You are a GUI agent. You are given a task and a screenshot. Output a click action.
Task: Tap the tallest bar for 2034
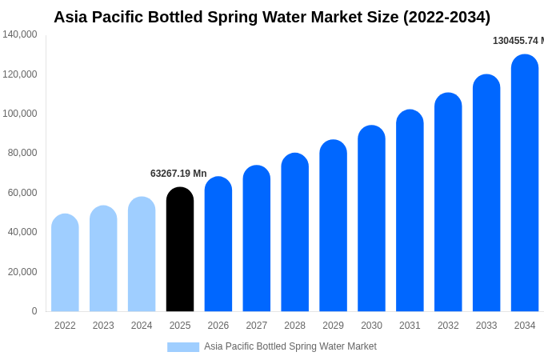coord(525,183)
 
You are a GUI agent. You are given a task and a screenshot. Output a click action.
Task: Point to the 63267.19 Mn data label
coord(178,174)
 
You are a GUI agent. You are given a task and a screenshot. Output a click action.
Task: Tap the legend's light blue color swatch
coord(182,346)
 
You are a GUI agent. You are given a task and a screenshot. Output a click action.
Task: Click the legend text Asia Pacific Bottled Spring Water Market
coord(290,346)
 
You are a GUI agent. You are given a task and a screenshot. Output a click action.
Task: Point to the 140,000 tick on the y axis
coord(20,34)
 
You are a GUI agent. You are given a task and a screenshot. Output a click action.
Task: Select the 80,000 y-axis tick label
coord(22,153)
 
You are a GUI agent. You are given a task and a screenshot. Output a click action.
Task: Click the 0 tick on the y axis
coord(34,311)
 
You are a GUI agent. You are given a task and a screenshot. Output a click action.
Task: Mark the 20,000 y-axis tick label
coord(22,272)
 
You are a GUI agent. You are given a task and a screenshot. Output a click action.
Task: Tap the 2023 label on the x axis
coord(103,326)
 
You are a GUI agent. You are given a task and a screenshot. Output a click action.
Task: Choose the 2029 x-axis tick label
coord(333,326)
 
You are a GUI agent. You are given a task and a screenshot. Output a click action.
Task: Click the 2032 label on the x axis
coord(448,326)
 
